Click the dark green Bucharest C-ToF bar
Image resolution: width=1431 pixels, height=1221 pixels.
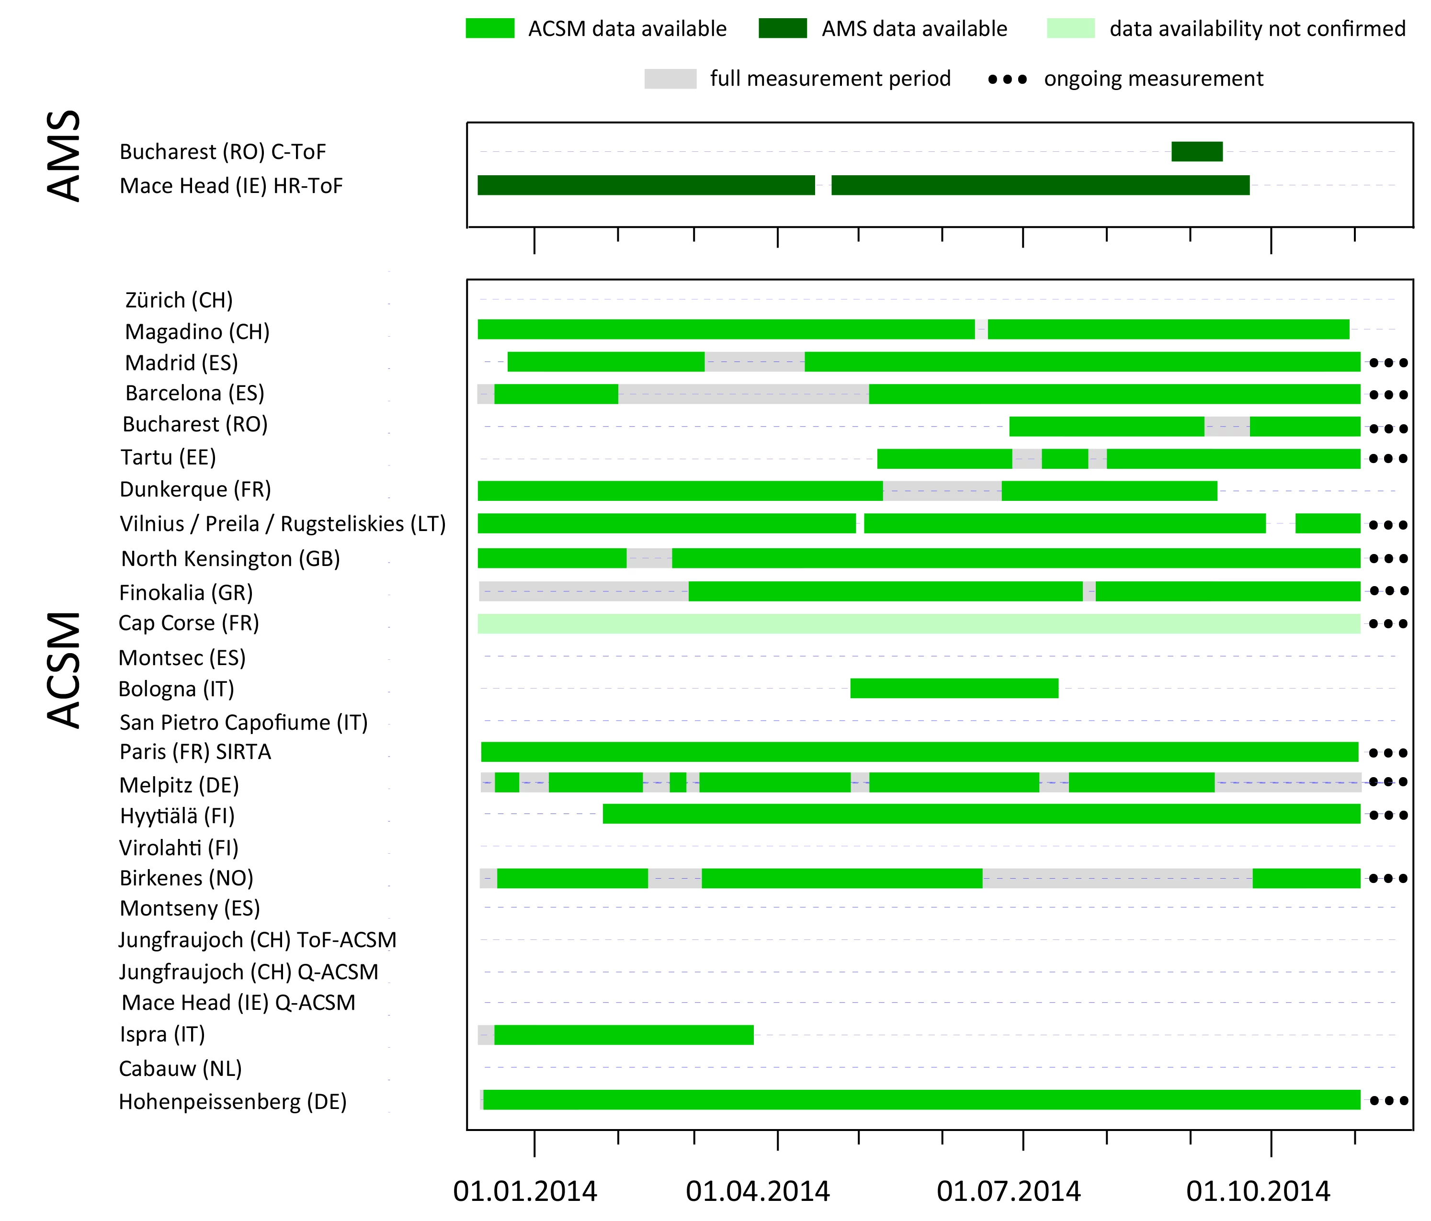[1197, 151]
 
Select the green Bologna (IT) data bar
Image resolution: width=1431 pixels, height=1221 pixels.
[954, 689]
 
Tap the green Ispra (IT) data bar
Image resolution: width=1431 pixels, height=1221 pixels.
[624, 1035]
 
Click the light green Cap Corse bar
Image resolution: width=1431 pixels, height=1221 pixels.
[919, 623]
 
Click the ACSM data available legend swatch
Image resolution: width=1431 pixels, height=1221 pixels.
[489, 28]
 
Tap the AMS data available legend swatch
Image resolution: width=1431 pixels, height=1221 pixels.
[783, 28]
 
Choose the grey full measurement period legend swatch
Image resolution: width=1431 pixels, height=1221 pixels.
[670, 79]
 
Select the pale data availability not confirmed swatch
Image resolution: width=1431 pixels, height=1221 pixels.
[1070, 28]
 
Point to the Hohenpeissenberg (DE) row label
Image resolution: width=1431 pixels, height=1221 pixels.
[233, 1101]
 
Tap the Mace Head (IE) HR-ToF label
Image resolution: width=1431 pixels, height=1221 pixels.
[231, 186]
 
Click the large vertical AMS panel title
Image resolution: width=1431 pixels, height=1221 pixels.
[64, 156]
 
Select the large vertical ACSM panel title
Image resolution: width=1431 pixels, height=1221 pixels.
[64, 670]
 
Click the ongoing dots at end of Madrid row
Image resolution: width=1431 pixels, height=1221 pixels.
[1388, 362]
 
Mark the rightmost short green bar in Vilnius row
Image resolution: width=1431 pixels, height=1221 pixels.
[1328, 523]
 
